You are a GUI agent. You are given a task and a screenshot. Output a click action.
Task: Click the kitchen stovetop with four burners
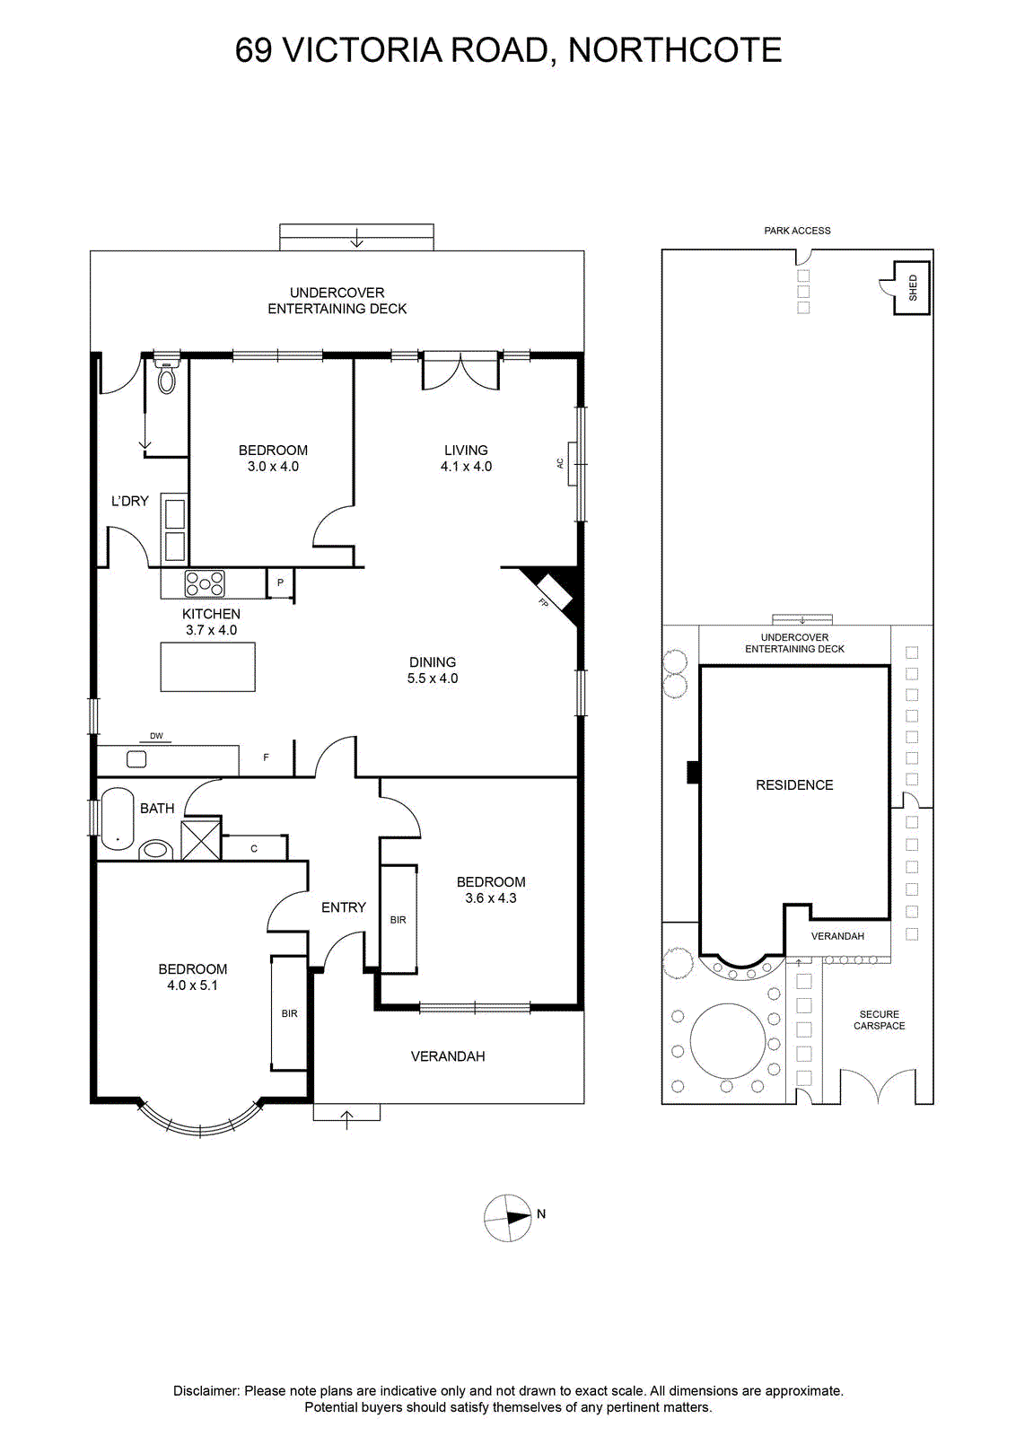(206, 583)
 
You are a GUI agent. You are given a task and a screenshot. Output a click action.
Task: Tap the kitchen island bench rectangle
(207, 667)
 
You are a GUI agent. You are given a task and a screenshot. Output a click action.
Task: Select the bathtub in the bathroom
(118, 819)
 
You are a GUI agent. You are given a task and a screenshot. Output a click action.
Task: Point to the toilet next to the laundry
(167, 376)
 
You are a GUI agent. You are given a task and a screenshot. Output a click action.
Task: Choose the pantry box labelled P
(280, 582)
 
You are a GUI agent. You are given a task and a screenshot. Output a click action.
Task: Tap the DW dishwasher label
(156, 736)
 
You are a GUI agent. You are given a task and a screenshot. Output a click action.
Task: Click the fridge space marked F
(266, 758)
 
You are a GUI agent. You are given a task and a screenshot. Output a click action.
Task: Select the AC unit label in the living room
(559, 462)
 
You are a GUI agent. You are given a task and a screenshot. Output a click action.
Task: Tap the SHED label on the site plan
(913, 287)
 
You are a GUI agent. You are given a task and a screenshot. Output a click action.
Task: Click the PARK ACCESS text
(797, 231)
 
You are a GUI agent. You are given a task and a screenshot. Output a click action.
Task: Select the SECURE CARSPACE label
(879, 1020)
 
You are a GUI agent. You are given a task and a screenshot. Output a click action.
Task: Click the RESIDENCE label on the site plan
(794, 784)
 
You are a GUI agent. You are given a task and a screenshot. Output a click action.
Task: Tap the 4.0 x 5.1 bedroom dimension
(192, 985)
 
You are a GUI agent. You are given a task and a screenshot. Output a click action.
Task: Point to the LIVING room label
(466, 450)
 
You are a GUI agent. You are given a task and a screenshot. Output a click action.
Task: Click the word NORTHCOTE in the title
(674, 50)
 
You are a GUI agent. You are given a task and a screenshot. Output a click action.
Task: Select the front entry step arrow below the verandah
(346, 1120)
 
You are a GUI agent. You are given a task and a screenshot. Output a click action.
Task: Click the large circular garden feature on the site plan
(728, 1040)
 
